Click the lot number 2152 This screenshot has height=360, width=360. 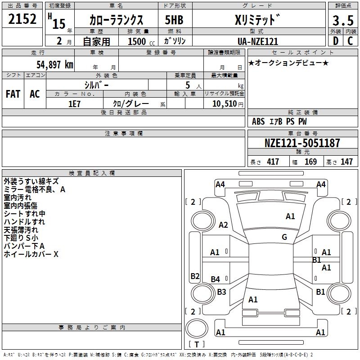pos(22,19)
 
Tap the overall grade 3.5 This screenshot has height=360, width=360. pos(343,20)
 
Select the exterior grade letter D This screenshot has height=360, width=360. pos(336,41)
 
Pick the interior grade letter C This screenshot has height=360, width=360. pos(350,41)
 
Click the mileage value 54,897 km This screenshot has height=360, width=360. pos(55,65)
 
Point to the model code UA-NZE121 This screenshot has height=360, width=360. pos(258,41)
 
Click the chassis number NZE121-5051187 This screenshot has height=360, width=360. pos(302,143)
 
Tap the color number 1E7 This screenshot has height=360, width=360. pos(74,104)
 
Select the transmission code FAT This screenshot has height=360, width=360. pos(13,94)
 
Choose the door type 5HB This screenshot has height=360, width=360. pos(174,20)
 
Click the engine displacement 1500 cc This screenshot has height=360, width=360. pos(141,41)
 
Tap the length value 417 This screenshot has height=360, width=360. pos(273,162)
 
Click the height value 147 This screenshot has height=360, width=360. pos(346,162)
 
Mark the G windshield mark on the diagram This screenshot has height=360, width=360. pos(284,237)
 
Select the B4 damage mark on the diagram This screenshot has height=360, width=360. pos(216,279)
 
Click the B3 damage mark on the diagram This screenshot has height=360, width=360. pos(221,292)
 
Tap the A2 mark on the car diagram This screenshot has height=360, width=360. pos(223,225)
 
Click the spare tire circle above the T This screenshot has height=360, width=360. pos(197,328)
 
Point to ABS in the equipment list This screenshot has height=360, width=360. pos(258,121)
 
